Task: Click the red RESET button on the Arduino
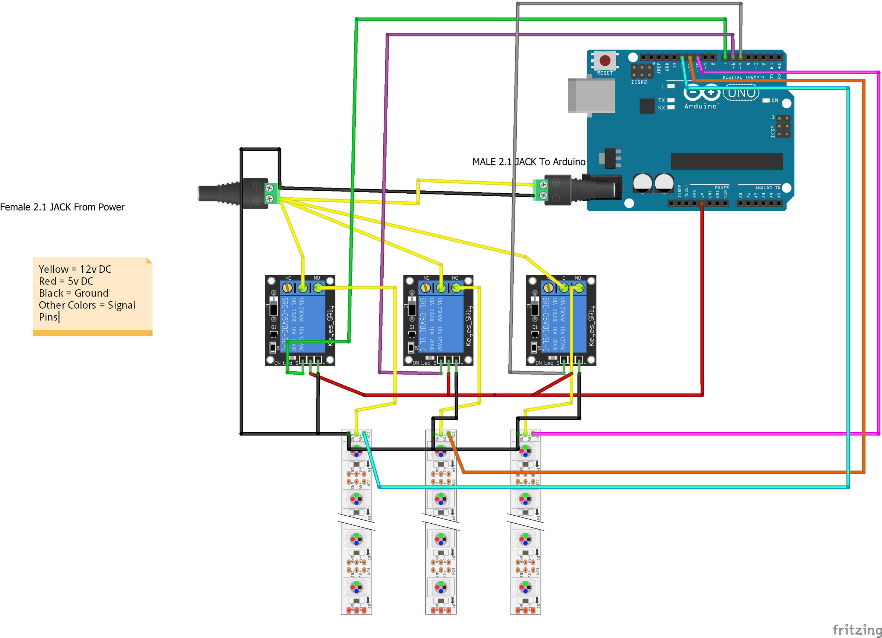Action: (605, 60)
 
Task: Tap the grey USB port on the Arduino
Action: (591, 95)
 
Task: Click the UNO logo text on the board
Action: (741, 93)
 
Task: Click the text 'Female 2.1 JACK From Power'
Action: (62, 207)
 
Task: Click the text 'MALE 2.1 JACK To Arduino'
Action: (528, 162)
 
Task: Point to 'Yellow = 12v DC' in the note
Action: (75, 269)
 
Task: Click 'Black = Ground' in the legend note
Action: (73, 293)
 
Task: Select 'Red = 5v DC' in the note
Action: (66, 281)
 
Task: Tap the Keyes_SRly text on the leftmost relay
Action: (330, 326)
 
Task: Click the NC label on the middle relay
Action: (426, 278)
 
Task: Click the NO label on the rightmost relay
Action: (578, 278)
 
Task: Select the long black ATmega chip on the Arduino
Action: (727, 161)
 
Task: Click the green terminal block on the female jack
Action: (271, 193)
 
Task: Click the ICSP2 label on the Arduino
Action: (639, 82)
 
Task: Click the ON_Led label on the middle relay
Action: (421, 363)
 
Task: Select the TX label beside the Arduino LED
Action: (661, 100)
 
